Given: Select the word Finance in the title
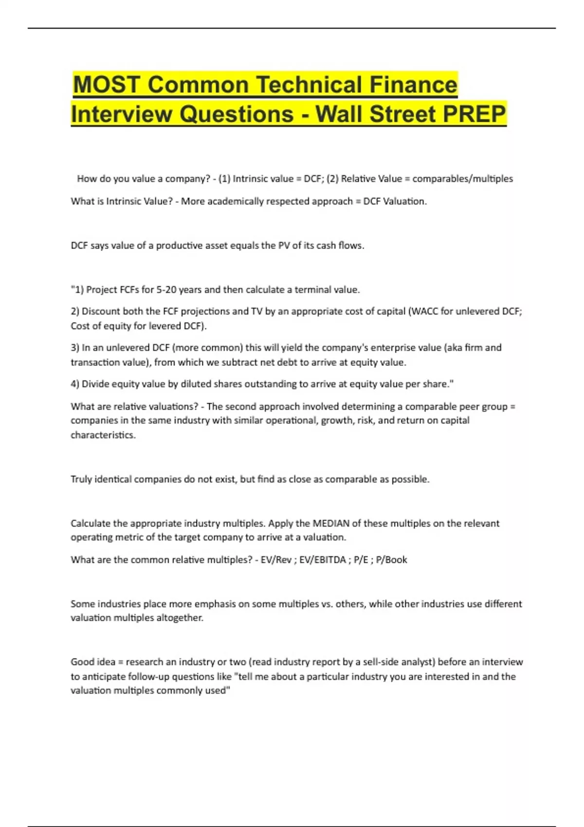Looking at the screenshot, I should coord(413,85).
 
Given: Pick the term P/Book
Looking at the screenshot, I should coord(391,560).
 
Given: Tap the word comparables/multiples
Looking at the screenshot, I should coord(462,179).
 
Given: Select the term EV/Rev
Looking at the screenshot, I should coord(276,560).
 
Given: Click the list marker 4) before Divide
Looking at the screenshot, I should coord(75,384).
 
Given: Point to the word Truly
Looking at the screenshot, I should coord(81,479).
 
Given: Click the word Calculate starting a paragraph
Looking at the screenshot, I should coord(91,523).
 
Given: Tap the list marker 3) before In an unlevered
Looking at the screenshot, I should coord(75,348).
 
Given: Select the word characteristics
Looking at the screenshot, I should coord(103,435).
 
